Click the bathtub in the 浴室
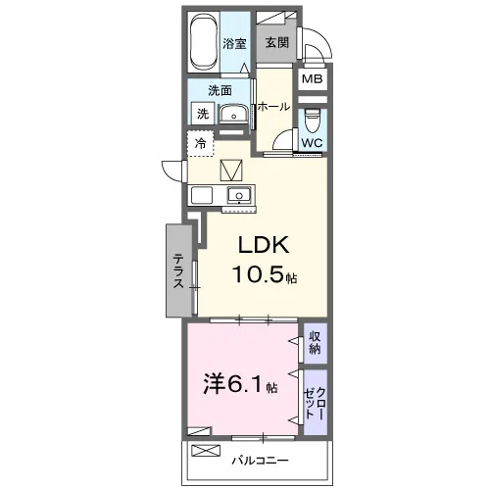click(x=203, y=40)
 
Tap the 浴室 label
click(x=234, y=44)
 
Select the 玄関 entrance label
click(x=277, y=42)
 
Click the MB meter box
click(x=313, y=78)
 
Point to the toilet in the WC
click(x=313, y=121)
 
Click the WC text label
click(x=312, y=143)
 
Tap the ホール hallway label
click(x=273, y=107)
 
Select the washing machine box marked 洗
click(x=203, y=114)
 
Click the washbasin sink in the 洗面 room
click(x=233, y=115)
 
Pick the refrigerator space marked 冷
click(x=200, y=143)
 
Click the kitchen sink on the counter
click(x=239, y=195)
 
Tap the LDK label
click(x=264, y=245)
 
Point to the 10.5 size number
click(x=258, y=273)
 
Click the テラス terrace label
click(x=178, y=271)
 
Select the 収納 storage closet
click(x=316, y=343)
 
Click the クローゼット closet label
click(x=315, y=404)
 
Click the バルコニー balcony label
click(x=261, y=461)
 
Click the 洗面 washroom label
click(x=220, y=90)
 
